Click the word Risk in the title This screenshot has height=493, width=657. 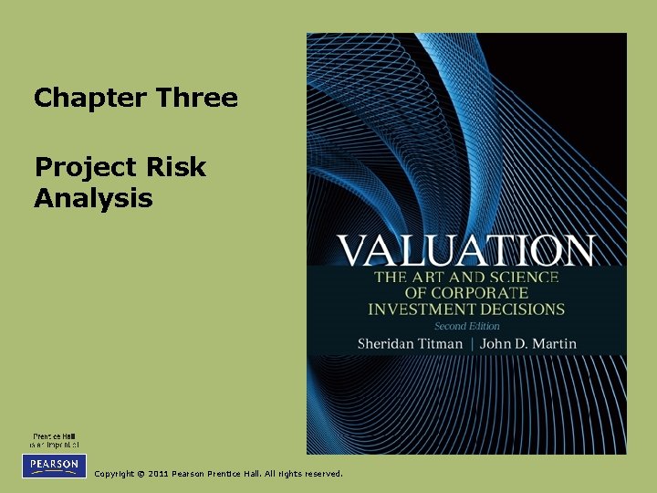[177, 168]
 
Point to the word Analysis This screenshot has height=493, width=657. [93, 198]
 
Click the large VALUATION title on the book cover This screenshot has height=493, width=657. [465, 250]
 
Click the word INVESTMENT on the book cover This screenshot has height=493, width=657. [420, 309]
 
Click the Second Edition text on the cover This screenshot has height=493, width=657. [466, 326]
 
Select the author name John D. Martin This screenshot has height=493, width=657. [530, 343]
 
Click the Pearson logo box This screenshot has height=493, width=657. [54, 465]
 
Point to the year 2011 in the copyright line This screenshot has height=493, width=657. [156, 474]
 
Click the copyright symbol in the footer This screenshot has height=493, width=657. [138, 474]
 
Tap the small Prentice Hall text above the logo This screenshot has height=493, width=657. [54, 436]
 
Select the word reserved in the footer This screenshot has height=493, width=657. [324, 474]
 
